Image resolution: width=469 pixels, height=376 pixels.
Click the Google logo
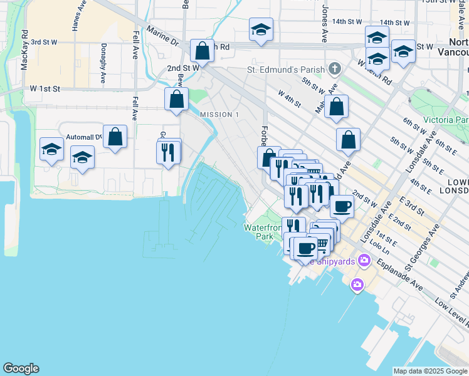pyautogui.click(x=21, y=368)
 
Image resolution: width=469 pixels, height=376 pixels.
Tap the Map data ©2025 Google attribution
pyautogui.click(x=430, y=371)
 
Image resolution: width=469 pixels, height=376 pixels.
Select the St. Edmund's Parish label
pyautogui.click(x=285, y=69)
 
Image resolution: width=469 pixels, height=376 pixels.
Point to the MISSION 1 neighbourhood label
pyautogui.click(x=219, y=115)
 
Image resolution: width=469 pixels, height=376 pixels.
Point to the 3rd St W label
pyautogui.click(x=44, y=42)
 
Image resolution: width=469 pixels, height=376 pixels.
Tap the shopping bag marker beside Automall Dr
pyautogui.click(x=115, y=137)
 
